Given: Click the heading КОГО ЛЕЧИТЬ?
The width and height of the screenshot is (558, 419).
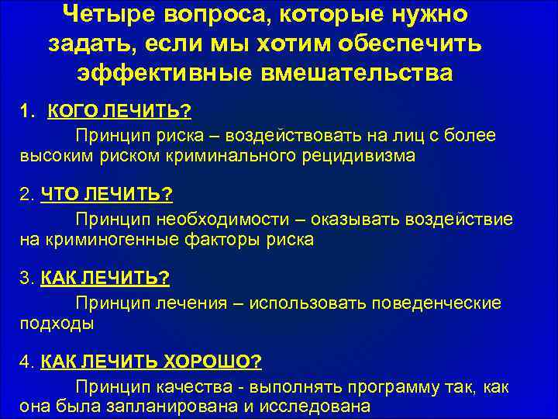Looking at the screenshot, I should pos(119,112).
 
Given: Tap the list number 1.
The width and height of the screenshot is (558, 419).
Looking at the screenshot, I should pos(26,112).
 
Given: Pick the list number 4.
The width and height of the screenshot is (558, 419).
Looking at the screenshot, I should pos(26,362).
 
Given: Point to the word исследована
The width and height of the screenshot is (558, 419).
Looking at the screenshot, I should pos(319,407).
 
